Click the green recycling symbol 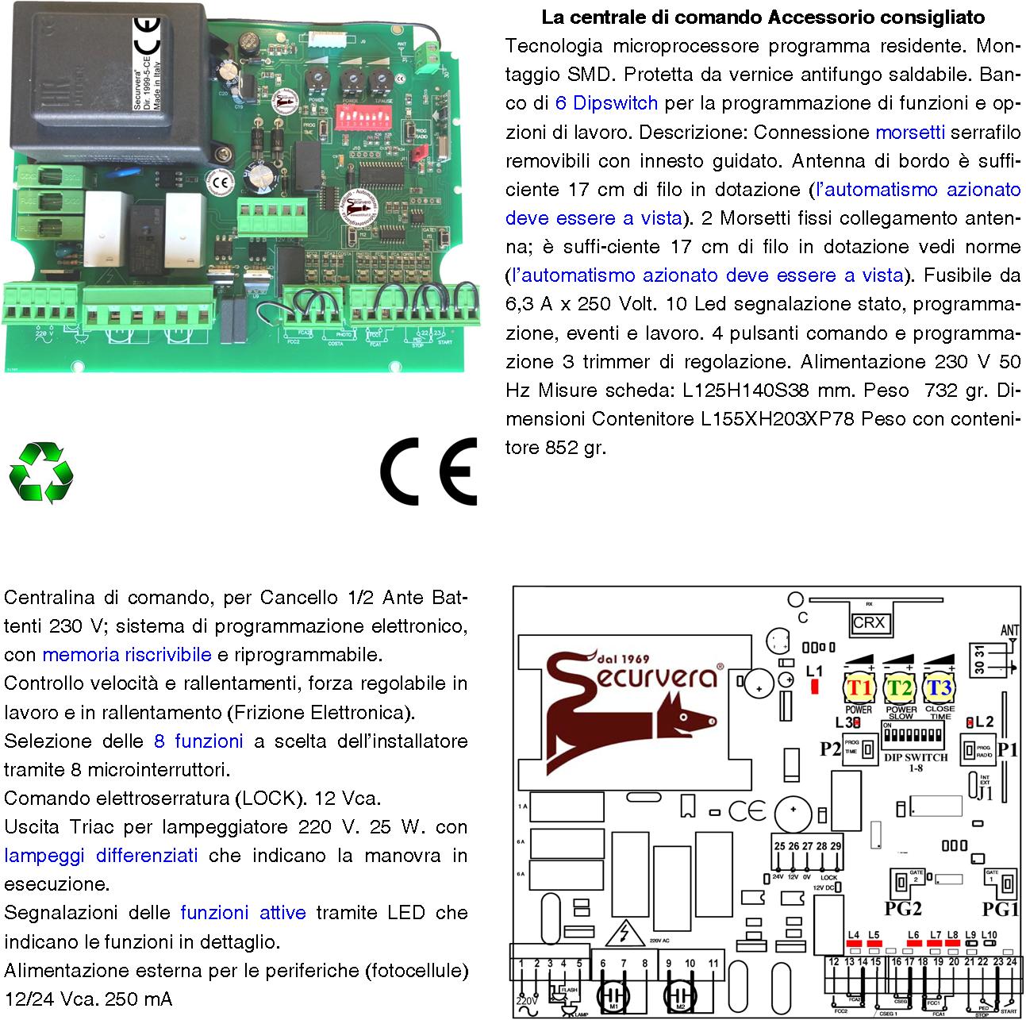click(x=40, y=472)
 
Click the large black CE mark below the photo click(x=428, y=471)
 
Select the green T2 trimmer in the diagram click(x=899, y=687)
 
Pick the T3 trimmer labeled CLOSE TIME click(x=940, y=687)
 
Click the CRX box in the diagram click(x=868, y=624)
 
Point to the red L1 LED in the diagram click(x=814, y=687)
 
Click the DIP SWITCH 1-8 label click(x=916, y=762)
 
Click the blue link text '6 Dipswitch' click(x=606, y=103)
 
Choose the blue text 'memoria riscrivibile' click(x=127, y=655)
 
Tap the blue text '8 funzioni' click(x=198, y=741)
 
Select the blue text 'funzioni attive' click(x=243, y=913)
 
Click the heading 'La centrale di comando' click(x=647, y=17)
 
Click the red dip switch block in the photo click(x=366, y=118)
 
